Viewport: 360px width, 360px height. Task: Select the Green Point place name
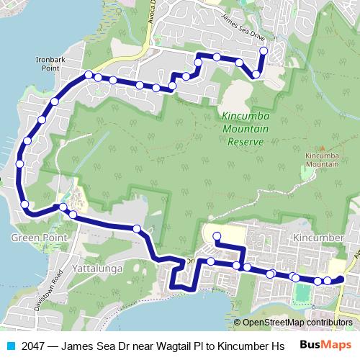(39, 237)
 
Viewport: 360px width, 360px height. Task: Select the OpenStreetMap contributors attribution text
(297, 323)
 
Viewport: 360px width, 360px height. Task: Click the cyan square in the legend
(9, 346)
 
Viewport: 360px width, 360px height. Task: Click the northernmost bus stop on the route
(264, 50)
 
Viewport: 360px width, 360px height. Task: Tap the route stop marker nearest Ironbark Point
(88, 75)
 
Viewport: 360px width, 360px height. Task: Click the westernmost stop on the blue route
(19, 163)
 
